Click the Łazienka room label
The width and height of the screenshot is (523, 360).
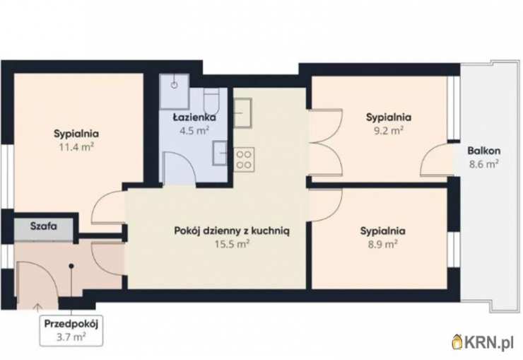194,117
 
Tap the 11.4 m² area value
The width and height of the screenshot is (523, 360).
76,147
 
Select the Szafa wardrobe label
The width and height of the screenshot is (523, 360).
43,226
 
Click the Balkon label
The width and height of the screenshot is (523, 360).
483,151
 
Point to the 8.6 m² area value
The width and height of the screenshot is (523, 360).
483,164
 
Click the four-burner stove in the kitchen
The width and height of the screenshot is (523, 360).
244,159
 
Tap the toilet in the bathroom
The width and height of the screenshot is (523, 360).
211,101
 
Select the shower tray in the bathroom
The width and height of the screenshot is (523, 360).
175,91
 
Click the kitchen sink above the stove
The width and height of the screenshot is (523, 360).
242,113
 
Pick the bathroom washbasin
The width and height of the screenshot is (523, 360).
220,153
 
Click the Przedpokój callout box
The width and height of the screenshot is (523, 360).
71,330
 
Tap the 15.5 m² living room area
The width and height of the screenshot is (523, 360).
232,244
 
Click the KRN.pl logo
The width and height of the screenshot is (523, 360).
482,342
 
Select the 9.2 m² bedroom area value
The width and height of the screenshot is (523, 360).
389,130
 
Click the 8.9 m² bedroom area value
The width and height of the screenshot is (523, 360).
382,244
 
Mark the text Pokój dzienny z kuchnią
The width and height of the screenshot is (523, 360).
232,231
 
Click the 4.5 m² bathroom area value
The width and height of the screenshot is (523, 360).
194,130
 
